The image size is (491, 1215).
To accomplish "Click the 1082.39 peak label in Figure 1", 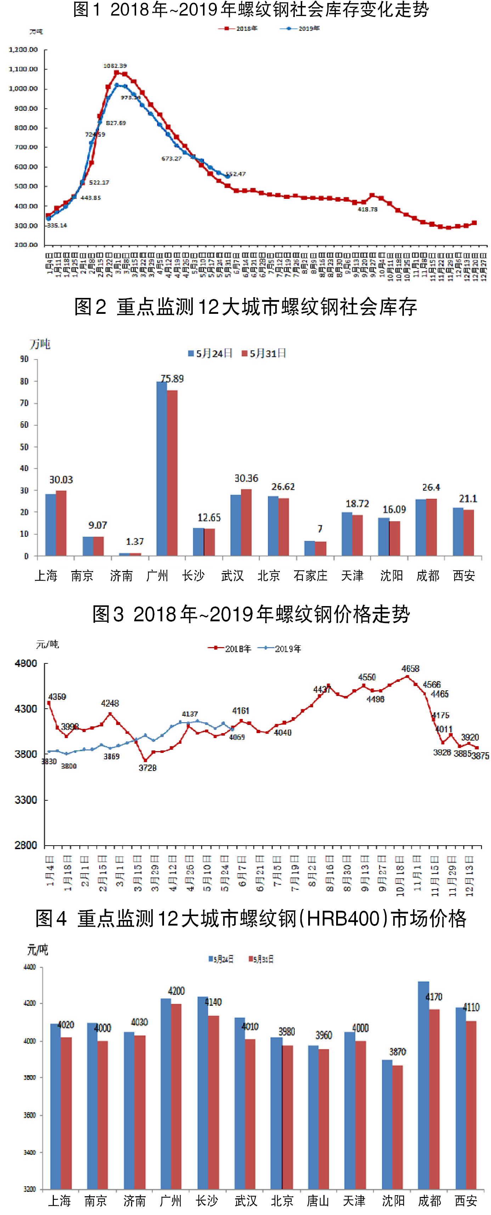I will point(115,65).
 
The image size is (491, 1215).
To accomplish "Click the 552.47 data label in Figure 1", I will point(236,174).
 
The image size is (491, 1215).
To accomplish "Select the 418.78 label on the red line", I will point(367,209).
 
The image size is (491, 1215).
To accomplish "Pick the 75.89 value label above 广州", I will point(172,379).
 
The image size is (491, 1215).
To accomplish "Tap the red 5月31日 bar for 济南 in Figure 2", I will point(135,554).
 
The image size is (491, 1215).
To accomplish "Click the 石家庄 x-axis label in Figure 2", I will point(310,575).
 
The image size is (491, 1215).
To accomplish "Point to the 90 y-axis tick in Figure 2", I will point(24,359).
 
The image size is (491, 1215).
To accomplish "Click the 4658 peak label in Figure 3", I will point(410,668).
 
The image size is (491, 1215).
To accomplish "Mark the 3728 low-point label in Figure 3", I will point(147,768).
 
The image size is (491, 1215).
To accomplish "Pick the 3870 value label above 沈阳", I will point(397,1052).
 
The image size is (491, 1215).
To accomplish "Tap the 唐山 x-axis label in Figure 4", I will point(318,1200).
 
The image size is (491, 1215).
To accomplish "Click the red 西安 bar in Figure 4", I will point(471,1105).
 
